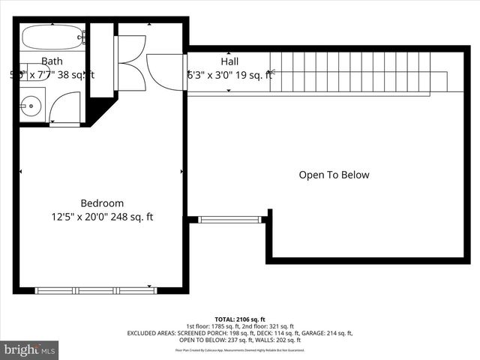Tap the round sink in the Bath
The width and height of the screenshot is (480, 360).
point(31,106)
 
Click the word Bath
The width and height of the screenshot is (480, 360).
point(52,61)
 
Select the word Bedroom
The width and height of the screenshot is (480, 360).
point(102,203)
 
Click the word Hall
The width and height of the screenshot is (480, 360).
point(230,61)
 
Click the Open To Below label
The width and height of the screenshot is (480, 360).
point(334,175)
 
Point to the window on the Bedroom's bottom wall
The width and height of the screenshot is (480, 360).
point(96,289)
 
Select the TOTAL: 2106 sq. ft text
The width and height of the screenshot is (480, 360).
point(240,319)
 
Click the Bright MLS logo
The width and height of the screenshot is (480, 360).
point(30,349)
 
